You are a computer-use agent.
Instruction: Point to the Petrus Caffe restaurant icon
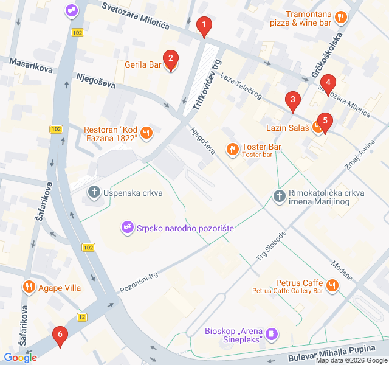pyautogui.click(x=332, y=284)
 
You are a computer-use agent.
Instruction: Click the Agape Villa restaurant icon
pyautogui.click(x=29, y=287)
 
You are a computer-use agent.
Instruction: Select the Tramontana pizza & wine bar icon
pyautogui.click(x=340, y=18)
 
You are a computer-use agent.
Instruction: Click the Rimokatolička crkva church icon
pyautogui.click(x=278, y=196)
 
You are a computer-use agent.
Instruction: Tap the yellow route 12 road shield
pyautogui.click(x=82, y=317)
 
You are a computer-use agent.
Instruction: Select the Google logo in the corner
pyautogui.click(x=20, y=358)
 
